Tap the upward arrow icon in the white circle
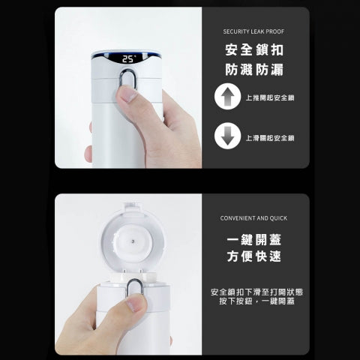coord(227,97)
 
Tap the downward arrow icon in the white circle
coord(227,136)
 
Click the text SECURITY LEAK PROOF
coord(253,31)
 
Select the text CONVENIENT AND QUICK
coord(253,218)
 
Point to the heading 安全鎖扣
coord(254,50)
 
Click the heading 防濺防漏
coord(254,70)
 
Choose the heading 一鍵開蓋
coord(254,240)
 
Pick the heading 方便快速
coord(254,256)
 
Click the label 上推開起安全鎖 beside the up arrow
coord(270,97)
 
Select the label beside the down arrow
coord(270,138)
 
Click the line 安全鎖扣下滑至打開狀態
coord(256,292)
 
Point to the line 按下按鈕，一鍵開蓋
coord(256,301)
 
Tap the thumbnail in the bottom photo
coord(137,302)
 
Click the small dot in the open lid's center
coord(133,241)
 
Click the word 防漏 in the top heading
coord(269,70)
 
